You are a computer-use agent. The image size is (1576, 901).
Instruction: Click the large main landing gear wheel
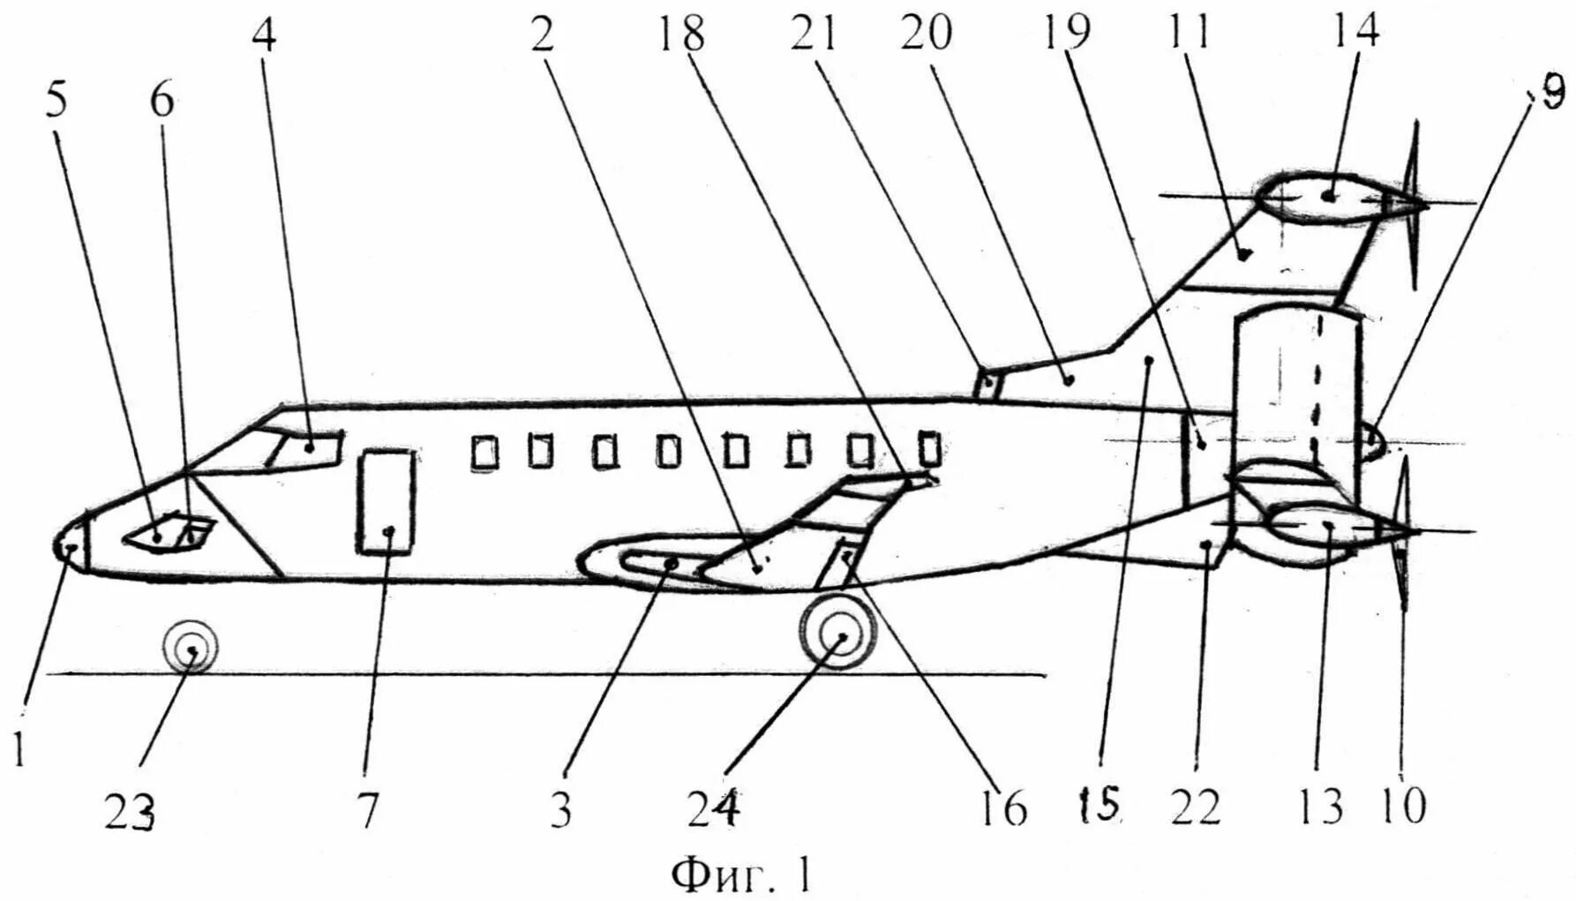point(838,636)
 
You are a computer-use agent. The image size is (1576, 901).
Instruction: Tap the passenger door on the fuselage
point(386,500)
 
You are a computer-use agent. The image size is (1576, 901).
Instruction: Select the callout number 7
point(367,808)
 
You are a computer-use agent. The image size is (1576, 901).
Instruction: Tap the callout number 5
point(56,102)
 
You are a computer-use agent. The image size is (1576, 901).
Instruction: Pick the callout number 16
point(1007,808)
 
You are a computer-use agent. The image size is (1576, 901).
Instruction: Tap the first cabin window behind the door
point(484,452)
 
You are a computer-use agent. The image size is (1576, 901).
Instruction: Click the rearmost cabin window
point(928,448)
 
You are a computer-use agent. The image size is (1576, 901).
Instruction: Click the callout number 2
point(542,35)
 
